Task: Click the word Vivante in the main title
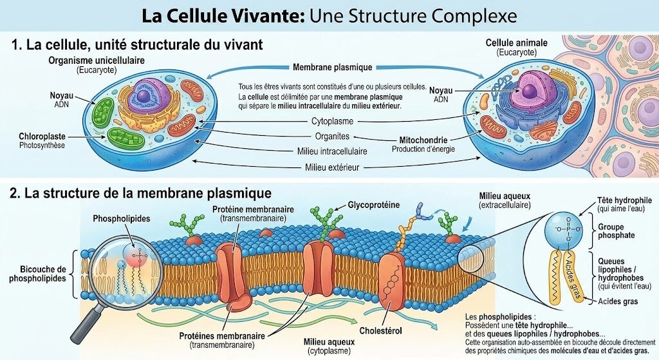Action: pyautogui.click(x=267, y=16)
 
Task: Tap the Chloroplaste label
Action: pyautogui.click(x=42, y=137)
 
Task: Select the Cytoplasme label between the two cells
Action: pyautogui.click(x=332, y=121)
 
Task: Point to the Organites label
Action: pyautogui.click(x=332, y=137)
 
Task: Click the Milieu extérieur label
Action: pyautogui.click(x=332, y=167)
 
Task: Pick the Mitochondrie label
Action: pyautogui.click(x=423, y=140)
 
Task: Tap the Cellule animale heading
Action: pyautogui.click(x=517, y=43)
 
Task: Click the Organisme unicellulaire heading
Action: pyautogui.click(x=97, y=60)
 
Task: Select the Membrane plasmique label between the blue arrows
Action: pyautogui.click(x=333, y=67)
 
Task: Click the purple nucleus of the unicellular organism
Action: pyautogui.click(x=143, y=96)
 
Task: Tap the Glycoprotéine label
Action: pyautogui.click(x=374, y=205)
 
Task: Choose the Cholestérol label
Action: pyautogui.click(x=380, y=330)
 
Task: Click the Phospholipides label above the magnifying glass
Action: pyautogui.click(x=122, y=219)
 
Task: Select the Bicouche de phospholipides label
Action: pyautogui.click(x=38, y=274)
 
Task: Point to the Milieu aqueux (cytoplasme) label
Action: pyautogui.click(x=329, y=346)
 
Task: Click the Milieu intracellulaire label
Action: pyautogui.click(x=332, y=151)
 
